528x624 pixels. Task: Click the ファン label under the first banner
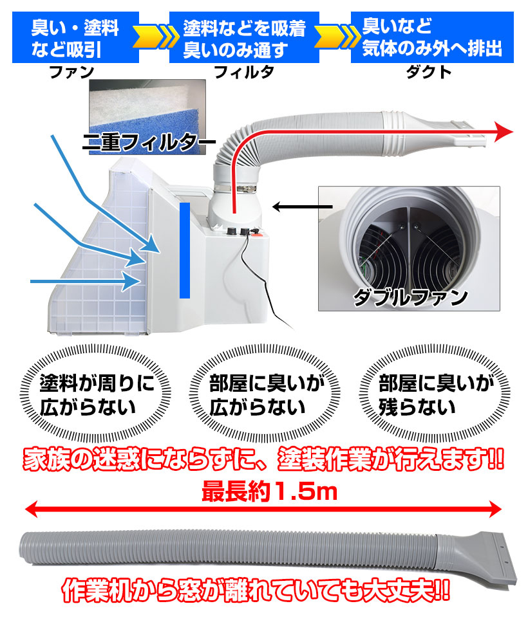click(71, 72)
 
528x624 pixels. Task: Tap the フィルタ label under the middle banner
click(244, 72)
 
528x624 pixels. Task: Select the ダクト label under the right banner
click(428, 72)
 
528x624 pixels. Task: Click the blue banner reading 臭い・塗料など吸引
click(75, 37)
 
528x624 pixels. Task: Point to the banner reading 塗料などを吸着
click(244, 37)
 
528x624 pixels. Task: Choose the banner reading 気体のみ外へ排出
click(432, 37)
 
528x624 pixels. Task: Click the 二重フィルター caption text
click(149, 142)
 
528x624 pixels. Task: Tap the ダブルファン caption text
click(410, 297)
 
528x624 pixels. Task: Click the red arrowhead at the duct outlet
click(504, 132)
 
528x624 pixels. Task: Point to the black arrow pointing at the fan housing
click(302, 206)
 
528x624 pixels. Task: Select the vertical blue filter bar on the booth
click(185, 250)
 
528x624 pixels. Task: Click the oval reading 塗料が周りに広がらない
click(95, 394)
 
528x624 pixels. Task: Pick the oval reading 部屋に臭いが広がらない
click(265, 394)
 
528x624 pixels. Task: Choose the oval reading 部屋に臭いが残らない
click(435, 394)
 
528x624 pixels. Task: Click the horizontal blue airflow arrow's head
click(132, 281)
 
